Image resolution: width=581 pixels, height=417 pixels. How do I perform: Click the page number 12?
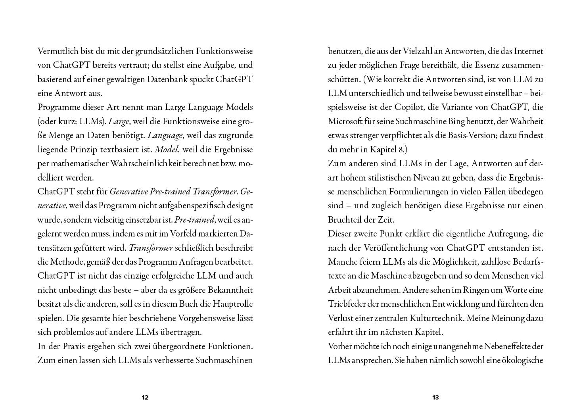tap(145, 398)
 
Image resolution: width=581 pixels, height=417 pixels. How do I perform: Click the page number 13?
tap(435, 398)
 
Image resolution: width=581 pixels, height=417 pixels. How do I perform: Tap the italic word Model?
tap(164, 150)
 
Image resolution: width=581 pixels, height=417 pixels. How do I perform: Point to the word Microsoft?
tap(344, 121)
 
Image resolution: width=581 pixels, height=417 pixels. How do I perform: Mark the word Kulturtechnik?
tap(440, 318)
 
